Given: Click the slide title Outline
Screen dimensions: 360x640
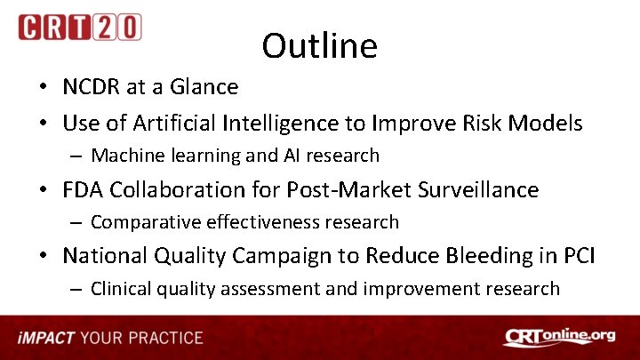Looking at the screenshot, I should click(319, 46).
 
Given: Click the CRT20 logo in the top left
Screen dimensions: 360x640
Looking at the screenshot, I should click(79, 27).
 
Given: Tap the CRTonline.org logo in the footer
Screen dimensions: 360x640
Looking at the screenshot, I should click(559, 338).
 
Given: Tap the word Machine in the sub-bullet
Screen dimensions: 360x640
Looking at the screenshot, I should click(123, 156).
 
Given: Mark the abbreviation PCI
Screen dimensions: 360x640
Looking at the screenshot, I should click(578, 256).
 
